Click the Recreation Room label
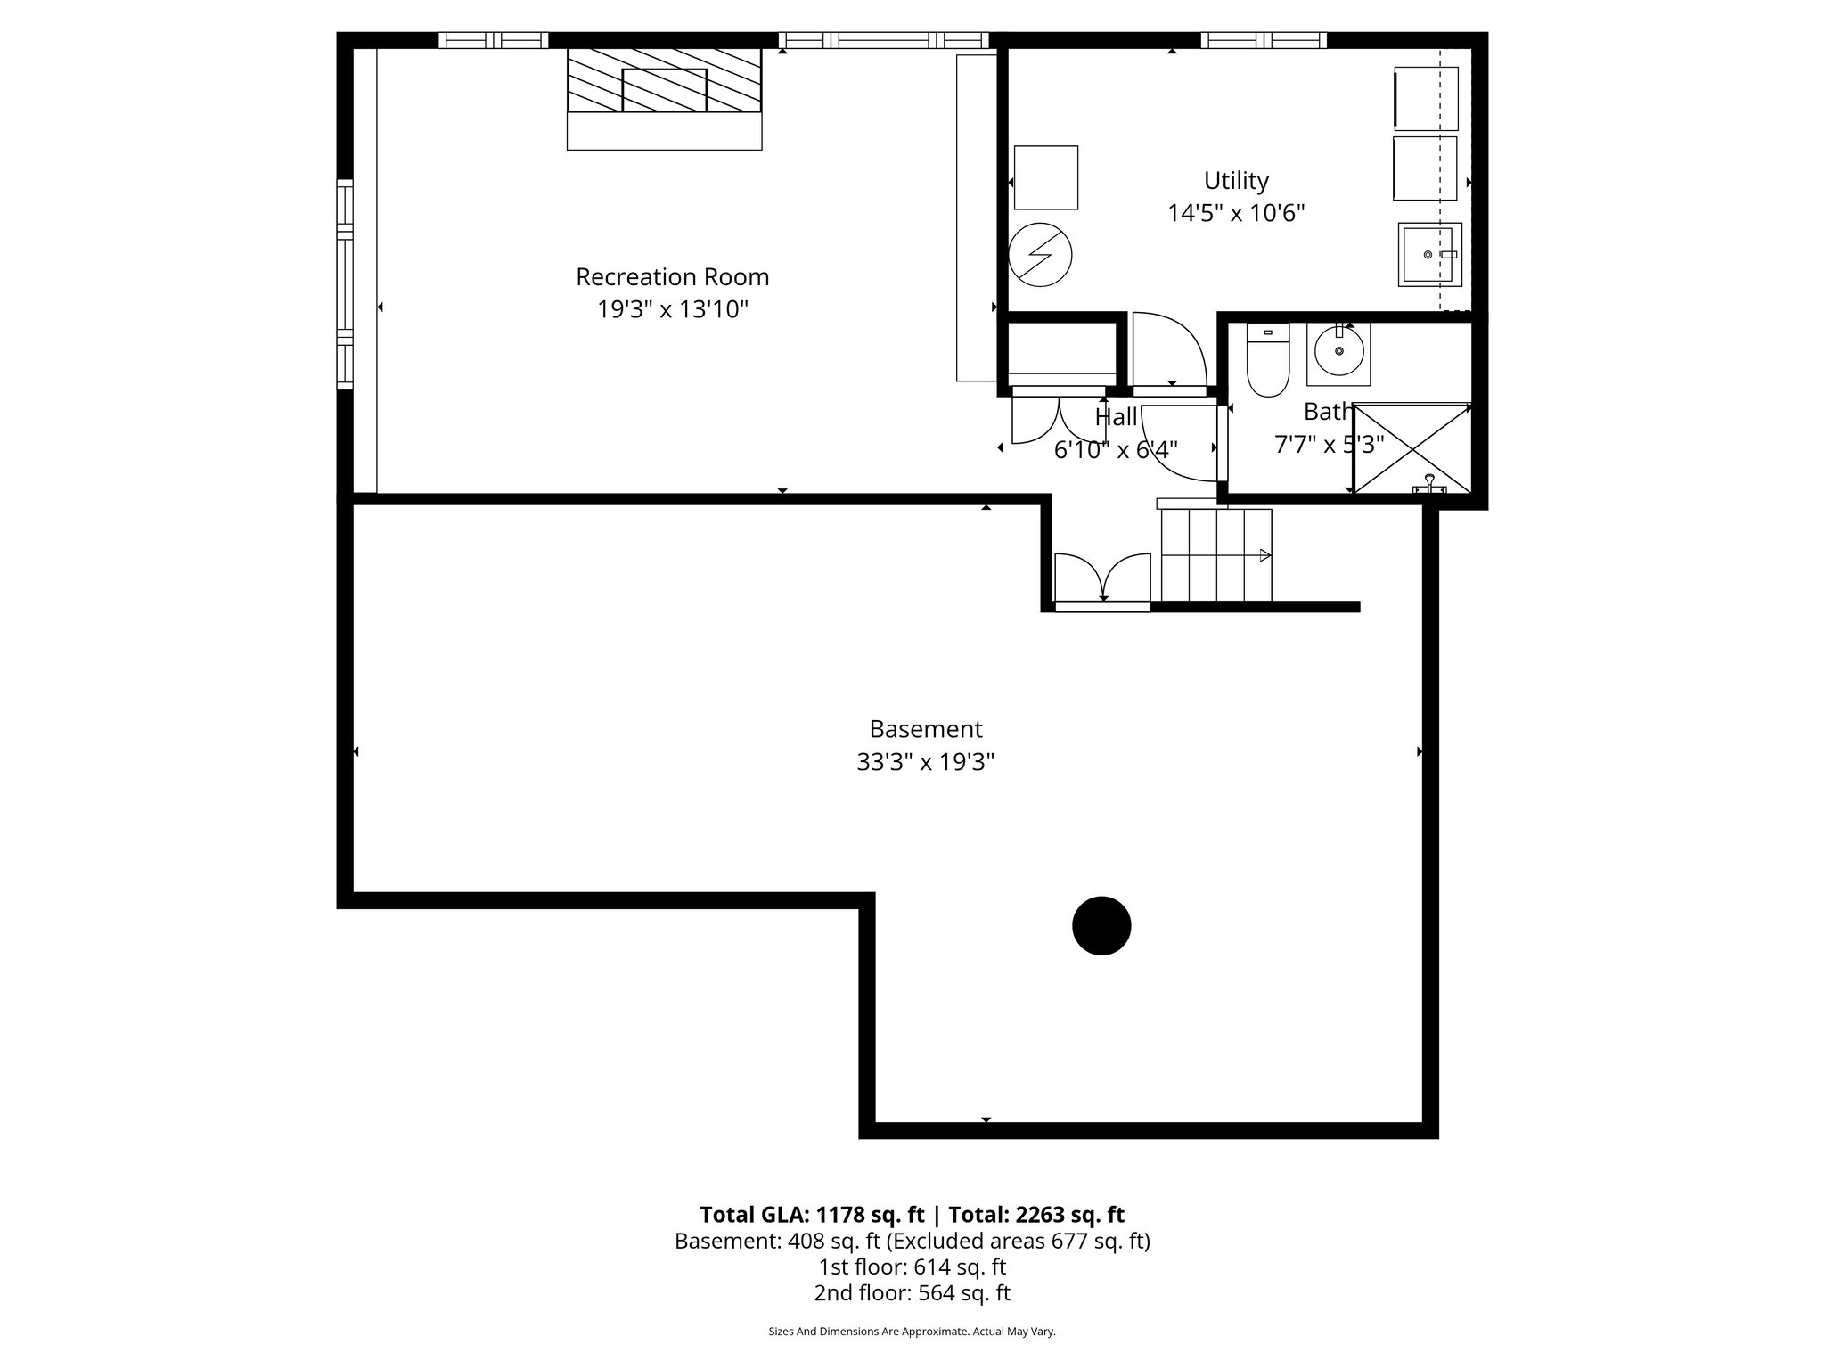(x=672, y=277)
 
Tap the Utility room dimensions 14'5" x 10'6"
(x=1236, y=214)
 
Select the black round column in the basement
(x=1101, y=926)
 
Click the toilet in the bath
(x=1267, y=361)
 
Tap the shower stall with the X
(x=1412, y=448)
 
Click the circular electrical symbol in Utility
(x=1040, y=254)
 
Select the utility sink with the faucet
(x=1429, y=254)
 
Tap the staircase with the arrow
(x=1216, y=555)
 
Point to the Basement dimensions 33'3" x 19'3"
(x=925, y=763)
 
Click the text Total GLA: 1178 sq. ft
(x=813, y=1215)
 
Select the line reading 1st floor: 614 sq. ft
(x=912, y=1267)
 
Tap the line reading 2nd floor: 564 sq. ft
(x=912, y=1293)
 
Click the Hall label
(x=1116, y=417)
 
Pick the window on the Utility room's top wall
(x=1263, y=40)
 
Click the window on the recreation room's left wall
(x=345, y=284)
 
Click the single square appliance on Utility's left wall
(x=1046, y=177)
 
